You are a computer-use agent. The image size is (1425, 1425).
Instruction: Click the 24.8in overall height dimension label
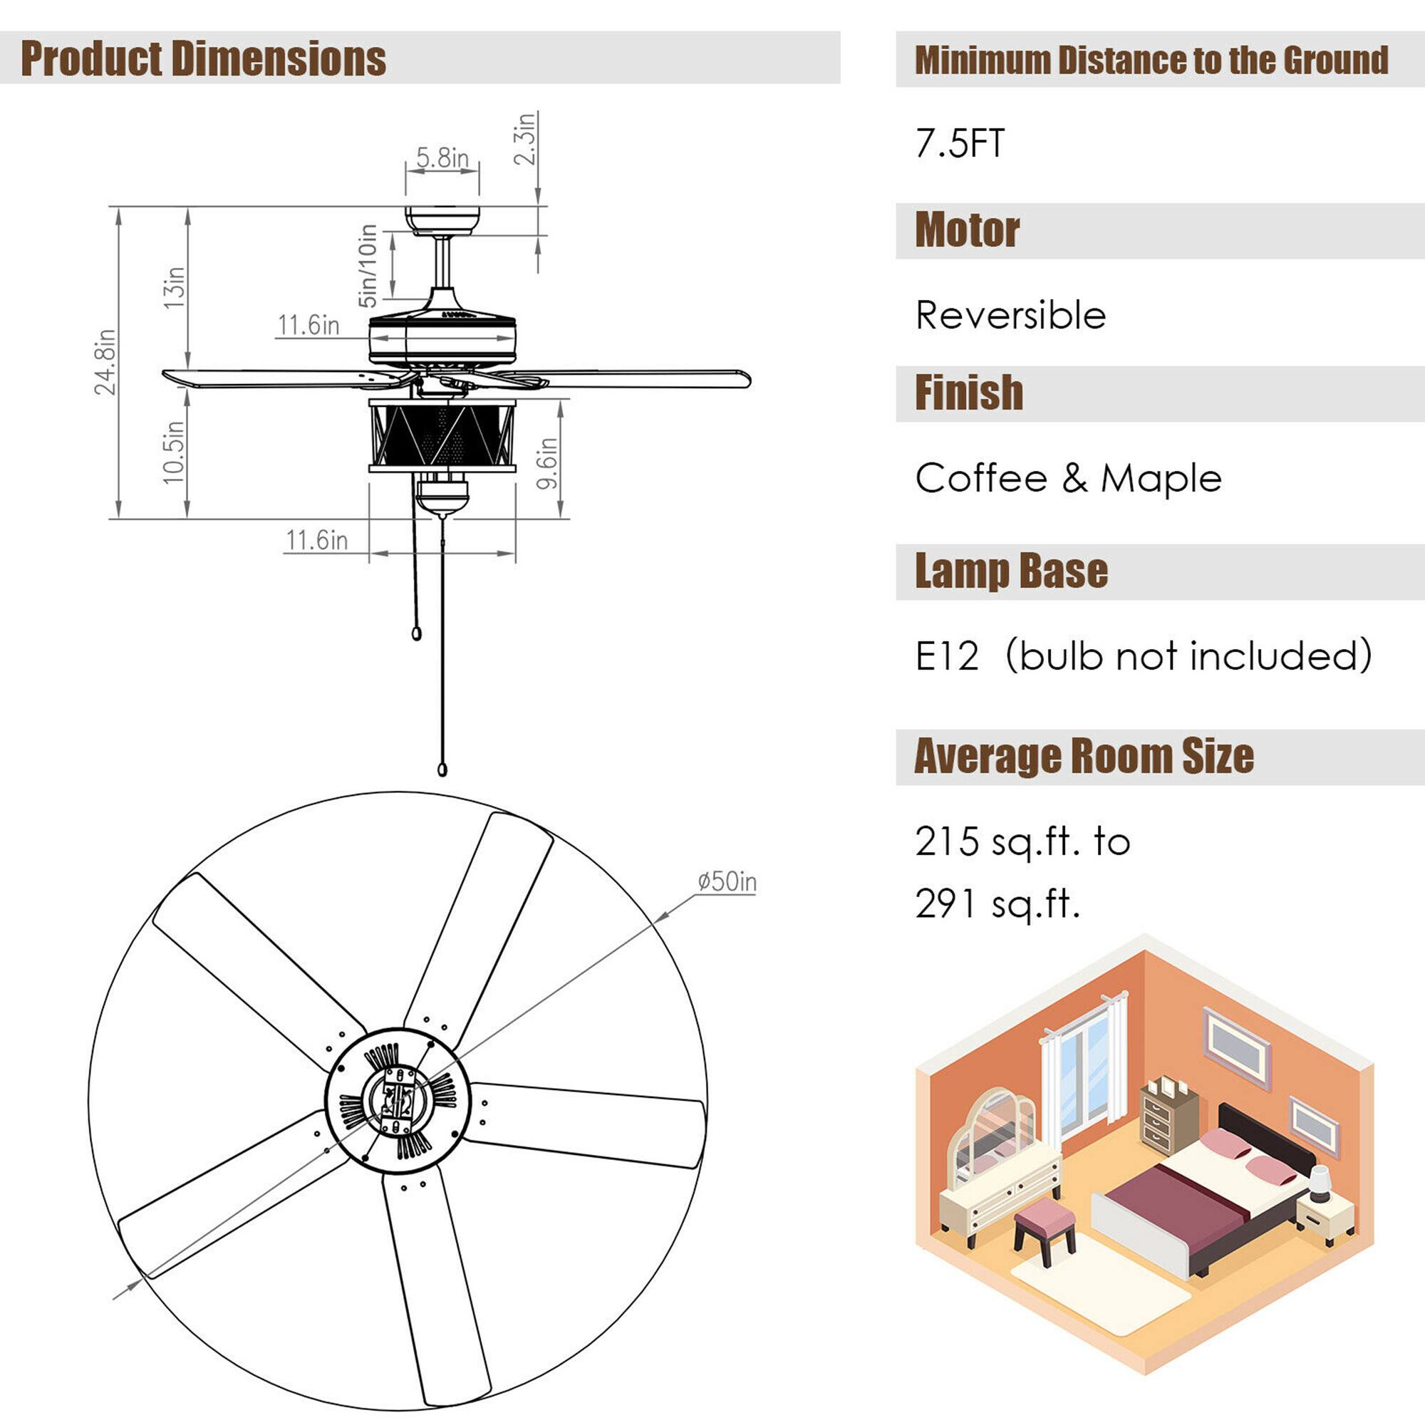[x=105, y=362]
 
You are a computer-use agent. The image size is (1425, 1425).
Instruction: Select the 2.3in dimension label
[x=524, y=139]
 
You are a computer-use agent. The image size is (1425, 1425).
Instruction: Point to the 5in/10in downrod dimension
[x=368, y=266]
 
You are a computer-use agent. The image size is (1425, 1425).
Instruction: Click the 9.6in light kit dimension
[x=546, y=462]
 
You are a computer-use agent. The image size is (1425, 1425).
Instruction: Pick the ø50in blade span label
[x=727, y=881]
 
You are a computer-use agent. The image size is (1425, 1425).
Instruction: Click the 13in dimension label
[x=174, y=287]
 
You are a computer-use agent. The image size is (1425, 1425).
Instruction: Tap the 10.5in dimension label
[x=173, y=452]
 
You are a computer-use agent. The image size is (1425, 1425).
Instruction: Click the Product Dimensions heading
[x=203, y=59]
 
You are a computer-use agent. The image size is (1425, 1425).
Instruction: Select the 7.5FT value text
[x=960, y=143]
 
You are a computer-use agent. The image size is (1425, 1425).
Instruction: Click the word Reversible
[x=1010, y=315]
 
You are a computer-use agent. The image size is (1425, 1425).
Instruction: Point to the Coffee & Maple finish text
[x=1068, y=478]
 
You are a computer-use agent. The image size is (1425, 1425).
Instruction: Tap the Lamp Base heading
[x=1010, y=571]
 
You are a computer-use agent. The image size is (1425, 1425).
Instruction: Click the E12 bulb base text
[x=947, y=655]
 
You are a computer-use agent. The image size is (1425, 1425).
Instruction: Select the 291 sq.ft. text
[x=997, y=903]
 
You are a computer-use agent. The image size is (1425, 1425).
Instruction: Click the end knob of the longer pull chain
[x=442, y=770]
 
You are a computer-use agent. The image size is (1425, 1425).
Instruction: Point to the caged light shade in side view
[x=442, y=435]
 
